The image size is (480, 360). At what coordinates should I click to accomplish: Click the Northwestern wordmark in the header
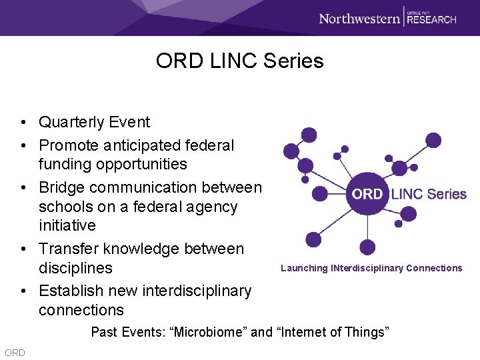[x=359, y=18]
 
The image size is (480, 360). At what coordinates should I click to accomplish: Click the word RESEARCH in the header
[x=431, y=19]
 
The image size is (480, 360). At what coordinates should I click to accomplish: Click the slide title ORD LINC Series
[x=239, y=61]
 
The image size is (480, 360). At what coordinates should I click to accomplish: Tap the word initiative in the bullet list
[x=67, y=225]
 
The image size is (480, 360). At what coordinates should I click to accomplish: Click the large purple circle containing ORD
[x=367, y=194]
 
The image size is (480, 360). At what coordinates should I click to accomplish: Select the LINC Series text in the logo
[x=428, y=194]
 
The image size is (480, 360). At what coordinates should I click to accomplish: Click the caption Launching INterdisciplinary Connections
[x=371, y=268]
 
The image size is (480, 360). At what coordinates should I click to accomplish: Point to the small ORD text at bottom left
[x=14, y=353]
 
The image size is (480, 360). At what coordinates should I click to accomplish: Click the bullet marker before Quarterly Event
[x=23, y=123]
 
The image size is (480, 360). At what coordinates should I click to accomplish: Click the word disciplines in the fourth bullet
[x=75, y=268]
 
